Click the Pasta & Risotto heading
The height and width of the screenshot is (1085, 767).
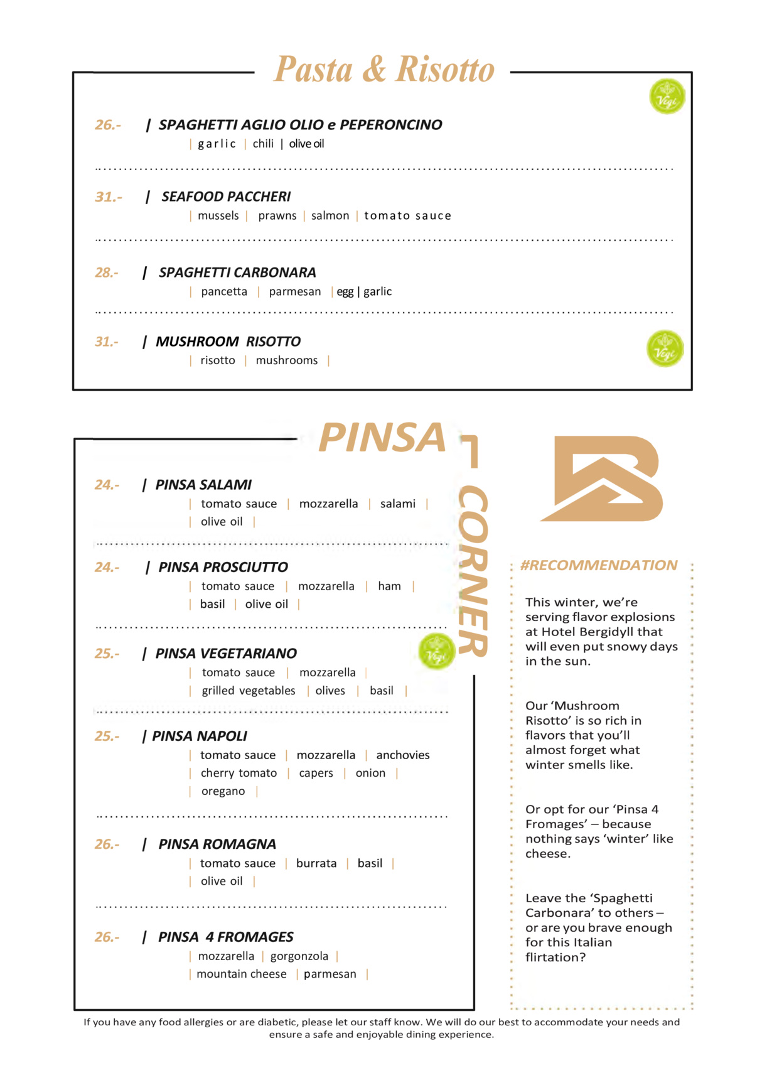(x=384, y=69)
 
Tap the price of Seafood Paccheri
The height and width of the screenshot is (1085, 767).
(x=108, y=197)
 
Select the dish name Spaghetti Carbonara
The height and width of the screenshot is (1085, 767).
(x=237, y=273)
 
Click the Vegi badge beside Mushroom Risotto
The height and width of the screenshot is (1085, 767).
(x=665, y=348)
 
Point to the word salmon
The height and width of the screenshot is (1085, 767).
(x=330, y=216)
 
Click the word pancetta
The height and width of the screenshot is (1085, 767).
(x=224, y=292)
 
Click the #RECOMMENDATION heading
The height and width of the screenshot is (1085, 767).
(x=599, y=565)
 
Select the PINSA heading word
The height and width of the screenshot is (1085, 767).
(x=382, y=438)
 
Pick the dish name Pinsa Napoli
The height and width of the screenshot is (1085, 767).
(x=200, y=736)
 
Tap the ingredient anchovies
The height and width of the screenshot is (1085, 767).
(x=403, y=755)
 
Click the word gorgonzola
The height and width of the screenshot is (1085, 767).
(x=299, y=956)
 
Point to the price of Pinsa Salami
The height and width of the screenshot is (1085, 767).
(x=107, y=485)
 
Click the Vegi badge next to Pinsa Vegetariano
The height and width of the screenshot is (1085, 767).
(x=436, y=651)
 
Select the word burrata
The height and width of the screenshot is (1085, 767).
(x=316, y=863)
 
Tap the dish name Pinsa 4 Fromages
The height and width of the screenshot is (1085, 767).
(x=225, y=937)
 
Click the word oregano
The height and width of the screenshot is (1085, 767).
(x=223, y=792)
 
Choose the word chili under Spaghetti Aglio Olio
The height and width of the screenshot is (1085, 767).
(x=263, y=144)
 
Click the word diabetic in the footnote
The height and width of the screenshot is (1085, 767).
(x=278, y=1022)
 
